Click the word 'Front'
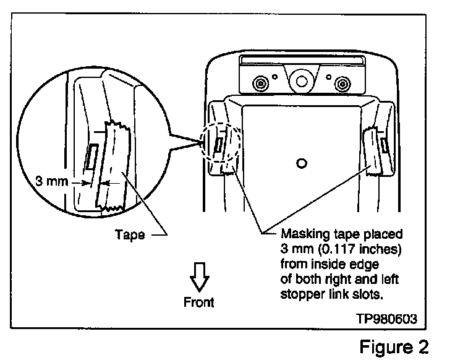coord(199,302)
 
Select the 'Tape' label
coord(130,234)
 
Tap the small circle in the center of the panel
coord(301,163)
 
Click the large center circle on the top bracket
coord(301,80)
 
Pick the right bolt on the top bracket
coord(341,83)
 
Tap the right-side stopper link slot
coord(385,145)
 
